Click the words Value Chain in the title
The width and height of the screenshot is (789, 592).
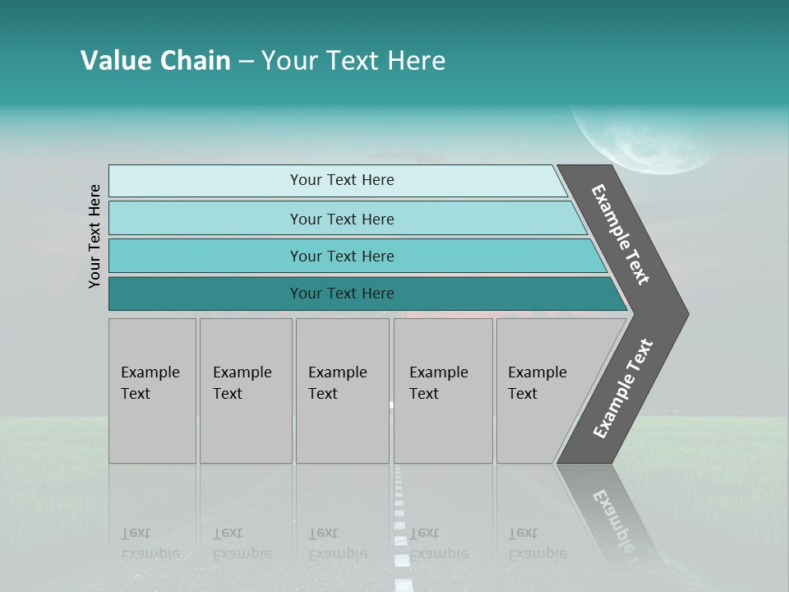(x=155, y=61)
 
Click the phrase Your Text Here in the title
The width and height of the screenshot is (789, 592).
(x=353, y=61)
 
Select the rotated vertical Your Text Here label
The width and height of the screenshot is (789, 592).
(x=95, y=236)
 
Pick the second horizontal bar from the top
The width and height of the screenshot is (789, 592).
(x=342, y=219)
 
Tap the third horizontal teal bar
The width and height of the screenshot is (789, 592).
(x=342, y=256)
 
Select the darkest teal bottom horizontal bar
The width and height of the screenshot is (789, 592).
(x=342, y=294)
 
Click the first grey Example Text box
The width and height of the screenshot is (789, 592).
(x=152, y=391)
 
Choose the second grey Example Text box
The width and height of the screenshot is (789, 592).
(x=245, y=391)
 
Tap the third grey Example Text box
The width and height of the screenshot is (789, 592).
(x=342, y=391)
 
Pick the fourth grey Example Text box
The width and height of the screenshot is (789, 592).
(x=442, y=391)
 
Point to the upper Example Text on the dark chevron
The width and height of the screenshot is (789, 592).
(x=621, y=234)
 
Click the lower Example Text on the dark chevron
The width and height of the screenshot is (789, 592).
(x=623, y=388)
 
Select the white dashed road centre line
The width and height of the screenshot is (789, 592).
(x=400, y=526)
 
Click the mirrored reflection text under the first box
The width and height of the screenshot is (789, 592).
(x=150, y=543)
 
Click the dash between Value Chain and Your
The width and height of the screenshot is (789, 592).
(x=246, y=62)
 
